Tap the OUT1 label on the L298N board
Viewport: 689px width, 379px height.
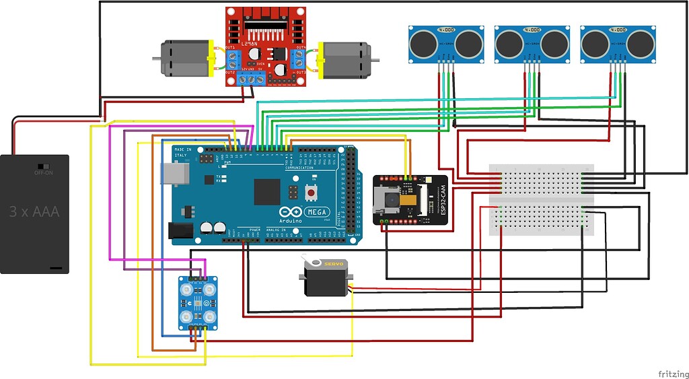click(x=230, y=46)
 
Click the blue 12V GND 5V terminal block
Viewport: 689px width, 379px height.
click(x=251, y=79)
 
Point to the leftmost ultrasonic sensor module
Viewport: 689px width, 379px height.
click(x=446, y=44)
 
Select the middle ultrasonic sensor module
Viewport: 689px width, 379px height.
click(x=532, y=44)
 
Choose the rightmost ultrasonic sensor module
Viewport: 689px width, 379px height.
click(x=617, y=44)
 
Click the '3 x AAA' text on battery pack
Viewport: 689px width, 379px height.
click(x=34, y=212)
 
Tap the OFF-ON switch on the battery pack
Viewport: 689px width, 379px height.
click(x=44, y=166)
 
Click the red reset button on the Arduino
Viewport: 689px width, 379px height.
click(x=311, y=193)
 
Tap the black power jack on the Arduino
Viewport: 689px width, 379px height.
click(x=180, y=230)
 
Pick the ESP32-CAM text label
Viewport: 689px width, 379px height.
click(x=442, y=200)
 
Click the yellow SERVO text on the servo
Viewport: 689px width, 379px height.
click(x=334, y=265)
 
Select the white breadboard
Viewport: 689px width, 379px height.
click(x=542, y=199)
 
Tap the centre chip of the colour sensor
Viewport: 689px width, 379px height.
click(x=198, y=303)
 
